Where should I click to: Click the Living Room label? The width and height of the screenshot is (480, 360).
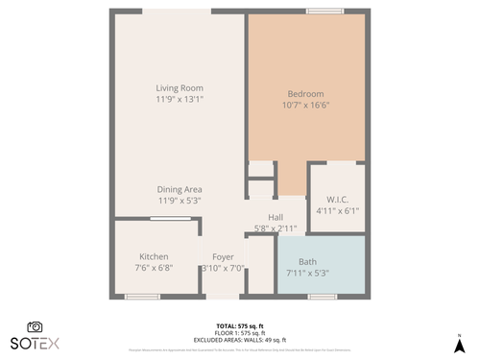pos(180,88)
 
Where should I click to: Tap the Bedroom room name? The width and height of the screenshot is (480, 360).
pos(305,93)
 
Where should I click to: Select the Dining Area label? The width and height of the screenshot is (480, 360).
pos(180,190)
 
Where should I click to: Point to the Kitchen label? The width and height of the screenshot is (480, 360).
pos(154,257)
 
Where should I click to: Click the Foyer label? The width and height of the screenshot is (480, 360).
pos(223,257)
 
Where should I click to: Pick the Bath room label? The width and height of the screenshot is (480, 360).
pos(307,262)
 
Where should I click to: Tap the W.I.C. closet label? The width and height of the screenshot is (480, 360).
pos(337,200)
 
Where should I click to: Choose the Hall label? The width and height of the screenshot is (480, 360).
pos(276,217)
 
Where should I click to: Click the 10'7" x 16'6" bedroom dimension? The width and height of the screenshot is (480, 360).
pos(305,105)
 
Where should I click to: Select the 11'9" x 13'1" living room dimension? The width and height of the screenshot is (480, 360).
pos(180,99)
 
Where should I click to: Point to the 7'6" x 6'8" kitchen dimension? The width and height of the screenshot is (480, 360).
pos(154,269)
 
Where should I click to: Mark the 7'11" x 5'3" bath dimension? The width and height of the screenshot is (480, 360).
pos(307,274)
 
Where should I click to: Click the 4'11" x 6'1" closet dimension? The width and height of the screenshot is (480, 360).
pos(337,211)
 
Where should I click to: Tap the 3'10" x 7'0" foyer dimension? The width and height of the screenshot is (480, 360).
pos(223,269)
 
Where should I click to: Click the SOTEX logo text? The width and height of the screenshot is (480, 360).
pos(34,343)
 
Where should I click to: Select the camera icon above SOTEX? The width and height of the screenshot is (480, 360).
pos(35,326)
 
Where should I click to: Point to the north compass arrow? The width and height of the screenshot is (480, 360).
pos(459,342)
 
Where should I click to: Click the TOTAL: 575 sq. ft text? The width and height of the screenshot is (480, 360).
pos(240,325)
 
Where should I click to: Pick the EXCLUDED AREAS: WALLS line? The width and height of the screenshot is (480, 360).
pos(240,340)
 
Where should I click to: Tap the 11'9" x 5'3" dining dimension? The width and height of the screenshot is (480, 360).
pos(180,202)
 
